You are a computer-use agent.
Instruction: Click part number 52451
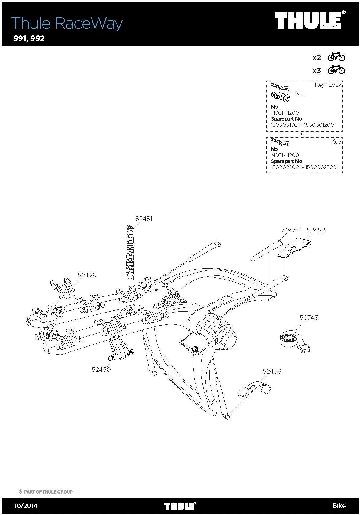tap(143, 219)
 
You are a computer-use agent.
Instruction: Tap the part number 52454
tap(291, 230)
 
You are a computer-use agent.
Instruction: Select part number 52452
tap(316, 230)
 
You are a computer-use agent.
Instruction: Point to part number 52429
tap(87, 275)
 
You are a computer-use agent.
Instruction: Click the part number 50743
tap(309, 318)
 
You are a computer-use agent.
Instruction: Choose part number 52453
tap(272, 371)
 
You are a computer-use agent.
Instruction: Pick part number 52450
tap(101, 369)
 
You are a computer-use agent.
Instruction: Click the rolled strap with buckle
tap(295, 342)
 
